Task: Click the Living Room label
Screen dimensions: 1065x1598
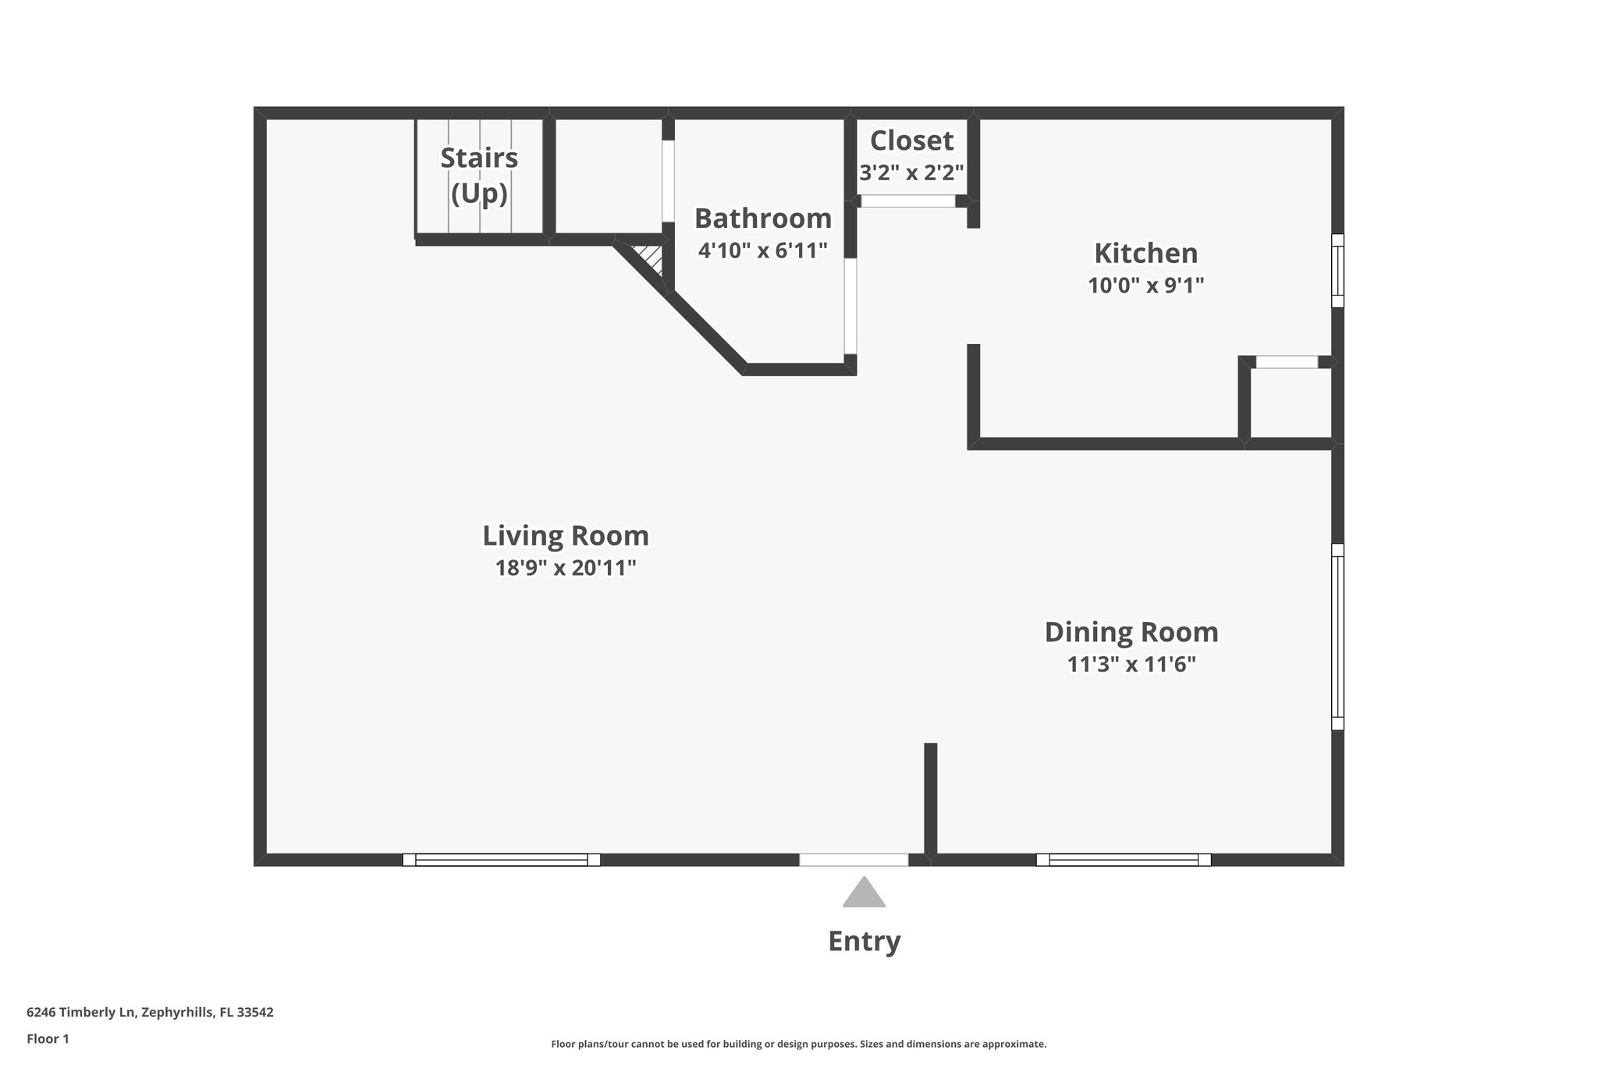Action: (566, 536)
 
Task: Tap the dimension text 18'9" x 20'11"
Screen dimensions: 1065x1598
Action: (566, 568)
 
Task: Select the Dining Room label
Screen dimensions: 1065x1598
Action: (1131, 632)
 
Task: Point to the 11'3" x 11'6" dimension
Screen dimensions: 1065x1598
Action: (1131, 665)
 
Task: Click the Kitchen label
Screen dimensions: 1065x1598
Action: (1145, 254)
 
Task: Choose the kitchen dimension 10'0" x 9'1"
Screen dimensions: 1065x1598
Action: (1145, 286)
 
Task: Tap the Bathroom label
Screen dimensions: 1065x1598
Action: (762, 218)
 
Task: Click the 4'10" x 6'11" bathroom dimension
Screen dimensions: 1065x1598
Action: (762, 251)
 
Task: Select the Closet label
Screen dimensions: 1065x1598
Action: (911, 141)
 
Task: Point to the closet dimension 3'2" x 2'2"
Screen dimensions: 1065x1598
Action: (911, 172)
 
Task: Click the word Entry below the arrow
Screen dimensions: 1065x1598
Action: (864, 942)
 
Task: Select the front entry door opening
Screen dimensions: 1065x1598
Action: (854, 860)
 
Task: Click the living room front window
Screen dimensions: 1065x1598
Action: (501, 860)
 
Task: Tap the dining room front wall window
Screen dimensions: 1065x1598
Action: (1124, 860)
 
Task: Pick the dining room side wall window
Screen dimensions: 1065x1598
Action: (1337, 637)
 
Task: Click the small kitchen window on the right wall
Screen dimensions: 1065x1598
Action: (1337, 271)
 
